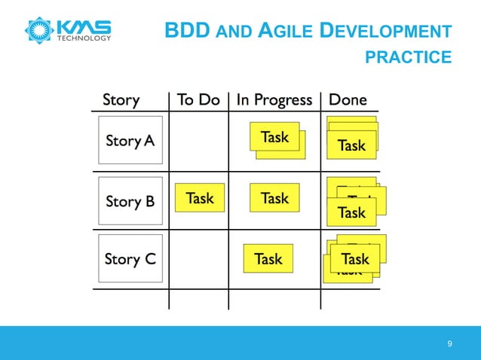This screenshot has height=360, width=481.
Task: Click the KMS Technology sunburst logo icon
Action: pyautogui.click(x=39, y=29)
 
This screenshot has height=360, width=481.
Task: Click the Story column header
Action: pyautogui.click(x=121, y=100)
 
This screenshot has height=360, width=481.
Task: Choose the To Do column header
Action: pyautogui.click(x=198, y=100)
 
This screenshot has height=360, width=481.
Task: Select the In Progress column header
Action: pyautogui.click(x=274, y=100)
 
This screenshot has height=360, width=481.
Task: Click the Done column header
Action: pyautogui.click(x=348, y=100)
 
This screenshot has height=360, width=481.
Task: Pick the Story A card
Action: pyautogui.click(x=130, y=140)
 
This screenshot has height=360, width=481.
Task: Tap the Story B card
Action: pyautogui.click(x=130, y=201)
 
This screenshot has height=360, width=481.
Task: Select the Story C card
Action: pyautogui.click(x=130, y=259)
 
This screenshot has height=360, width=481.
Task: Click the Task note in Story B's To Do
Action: pyautogui.click(x=199, y=198)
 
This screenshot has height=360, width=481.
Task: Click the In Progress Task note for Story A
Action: pyautogui.click(x=274, y=137)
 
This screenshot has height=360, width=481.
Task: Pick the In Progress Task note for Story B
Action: pyautogui.click(x=274, y=198)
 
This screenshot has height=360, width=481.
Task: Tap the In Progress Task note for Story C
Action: pyautogui.click(x=268, y=259)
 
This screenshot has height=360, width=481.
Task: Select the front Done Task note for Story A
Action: pyautogui.click(x=351, y=145)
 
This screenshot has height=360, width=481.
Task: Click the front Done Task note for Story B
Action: pyautogui.click(x=351, y=212)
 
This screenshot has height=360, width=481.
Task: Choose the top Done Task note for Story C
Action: pyautogui.click(x=355, y=259)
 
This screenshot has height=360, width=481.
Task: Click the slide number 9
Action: pyautogui.click(x=449, y=344)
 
